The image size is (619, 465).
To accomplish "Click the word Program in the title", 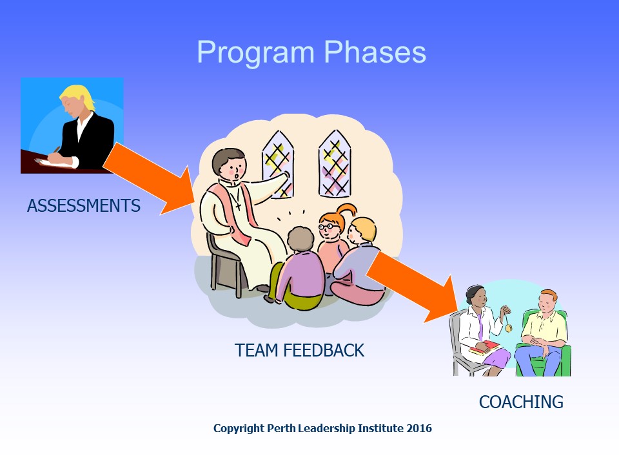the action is (256, 53).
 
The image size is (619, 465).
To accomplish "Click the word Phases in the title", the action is (375, 52).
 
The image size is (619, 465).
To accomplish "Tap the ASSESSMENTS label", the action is (84, 205).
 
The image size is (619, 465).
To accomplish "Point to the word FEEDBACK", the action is (324, 350).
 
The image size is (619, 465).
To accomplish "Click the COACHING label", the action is (521, 402).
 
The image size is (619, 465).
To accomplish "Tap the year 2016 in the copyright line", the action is (419, 428).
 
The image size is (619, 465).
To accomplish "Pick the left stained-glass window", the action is (278, 163).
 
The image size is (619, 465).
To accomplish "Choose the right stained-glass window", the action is (335, 163).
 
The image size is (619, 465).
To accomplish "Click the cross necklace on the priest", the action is (238, 205).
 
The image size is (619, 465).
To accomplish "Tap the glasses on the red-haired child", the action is (328, 227).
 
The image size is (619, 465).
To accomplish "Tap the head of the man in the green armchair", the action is (548, 302).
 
